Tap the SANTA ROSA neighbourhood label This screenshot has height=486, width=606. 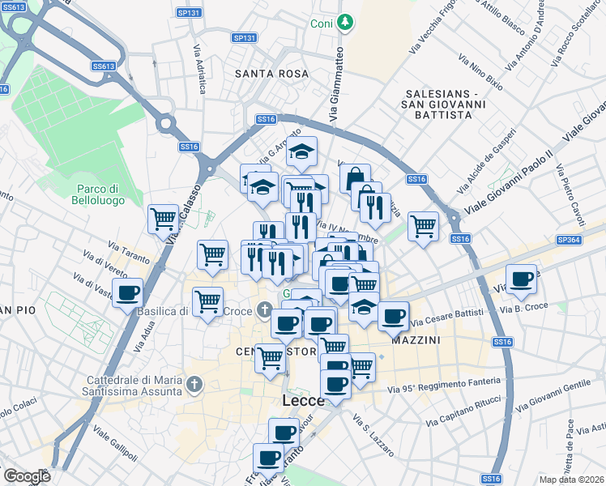click(x=271, y=74)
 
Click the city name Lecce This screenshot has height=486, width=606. click(x=303, y=401)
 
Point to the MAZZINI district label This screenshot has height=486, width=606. click(x=416, y=341)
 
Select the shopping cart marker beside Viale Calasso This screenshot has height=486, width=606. click(x=164, y=218)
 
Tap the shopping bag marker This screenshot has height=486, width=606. click(x=355, y=177)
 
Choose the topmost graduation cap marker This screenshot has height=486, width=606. click(x=301, y=151)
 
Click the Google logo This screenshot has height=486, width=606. click(x=27, y=476)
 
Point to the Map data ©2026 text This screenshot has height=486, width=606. click(x=572, y=480)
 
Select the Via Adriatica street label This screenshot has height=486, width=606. click(x=198, y=68)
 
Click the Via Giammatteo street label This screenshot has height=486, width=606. click(x=336, y=85)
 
